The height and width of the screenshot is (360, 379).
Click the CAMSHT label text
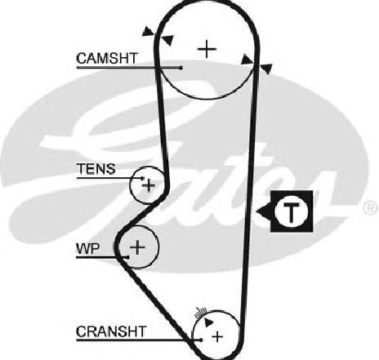pos(107,59)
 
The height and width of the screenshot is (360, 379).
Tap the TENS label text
pos(96,169)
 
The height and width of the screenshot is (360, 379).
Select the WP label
pos(88,248)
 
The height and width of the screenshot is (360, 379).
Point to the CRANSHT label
pos(111,331)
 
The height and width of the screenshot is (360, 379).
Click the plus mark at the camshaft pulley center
pos(207,49)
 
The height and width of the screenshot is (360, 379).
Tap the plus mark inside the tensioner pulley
pos(149,185)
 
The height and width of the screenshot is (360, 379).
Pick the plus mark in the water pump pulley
pos(137,247)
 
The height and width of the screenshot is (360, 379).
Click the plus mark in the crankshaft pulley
pos(217,336)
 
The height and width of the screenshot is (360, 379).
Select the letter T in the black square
pos(292,211)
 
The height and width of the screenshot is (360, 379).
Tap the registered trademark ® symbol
pos(371,207)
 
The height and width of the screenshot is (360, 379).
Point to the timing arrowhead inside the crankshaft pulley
pos(208,322)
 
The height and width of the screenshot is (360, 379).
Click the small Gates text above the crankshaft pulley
pos(200,313)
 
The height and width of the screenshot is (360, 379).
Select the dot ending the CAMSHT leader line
pos(181,68)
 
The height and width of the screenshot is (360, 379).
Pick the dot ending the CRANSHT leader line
pos(201,340)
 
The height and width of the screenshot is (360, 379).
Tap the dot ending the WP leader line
pos(127,257)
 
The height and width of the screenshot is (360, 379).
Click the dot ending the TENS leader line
pos(142,178)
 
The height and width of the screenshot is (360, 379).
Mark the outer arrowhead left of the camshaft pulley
pos(148,32)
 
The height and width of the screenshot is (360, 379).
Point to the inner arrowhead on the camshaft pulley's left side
pos(167,40)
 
